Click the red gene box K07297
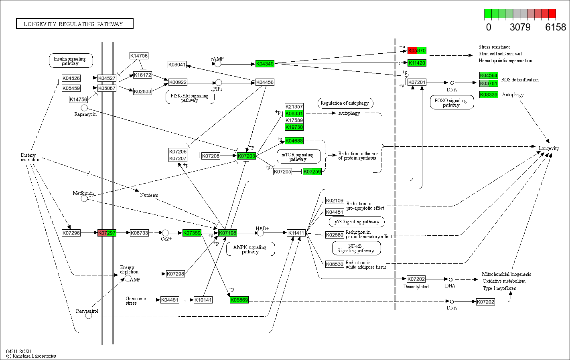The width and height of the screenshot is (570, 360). pyautogui.click(x=107, y=233)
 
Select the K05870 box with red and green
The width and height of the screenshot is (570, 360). pyautogui.click(x=417, y=51)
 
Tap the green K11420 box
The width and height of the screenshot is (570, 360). pyautogui.click(x=417, y=63)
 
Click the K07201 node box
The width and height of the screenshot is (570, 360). pyautogui.click(x=417, y=82)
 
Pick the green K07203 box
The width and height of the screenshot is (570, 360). pyautogui.click(x=246, y=156)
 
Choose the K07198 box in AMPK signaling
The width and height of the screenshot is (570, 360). pyautogui.click(x=227, y=233)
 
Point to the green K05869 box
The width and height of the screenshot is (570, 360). pyautogui.click(x=239, y=300)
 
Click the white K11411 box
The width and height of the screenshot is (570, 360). pyautogui.click(x=296, y=233)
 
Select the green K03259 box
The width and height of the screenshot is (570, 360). pyautogui.click(x=312, y=172)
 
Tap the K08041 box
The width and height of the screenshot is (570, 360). pyautogui.click(x=177, y=65)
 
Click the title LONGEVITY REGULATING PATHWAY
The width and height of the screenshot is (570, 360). pyautogui.click(x=75, y=24)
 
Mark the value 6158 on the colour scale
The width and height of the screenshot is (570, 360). pyautogui.click(x=556, y=27)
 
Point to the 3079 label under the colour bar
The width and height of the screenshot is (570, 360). pyautogui.click(x=520, y=27)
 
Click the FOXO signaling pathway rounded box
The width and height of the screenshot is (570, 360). pyautogui.click(x=451, y=103)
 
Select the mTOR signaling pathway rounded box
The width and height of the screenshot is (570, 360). pyautogui.click(x=298, y=156)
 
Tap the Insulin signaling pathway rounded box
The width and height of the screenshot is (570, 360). pyautogui.click(x=71, y=61)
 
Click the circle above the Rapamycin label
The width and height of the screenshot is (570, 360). pyautogui.click(x=84, y=108)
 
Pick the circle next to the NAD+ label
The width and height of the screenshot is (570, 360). pyautogui.click(x=260, y=233)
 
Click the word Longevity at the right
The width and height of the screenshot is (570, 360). pyautogui.click(x=549, y=148)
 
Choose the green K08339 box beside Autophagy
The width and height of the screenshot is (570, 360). pyautogui.click(x=489, y=95)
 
